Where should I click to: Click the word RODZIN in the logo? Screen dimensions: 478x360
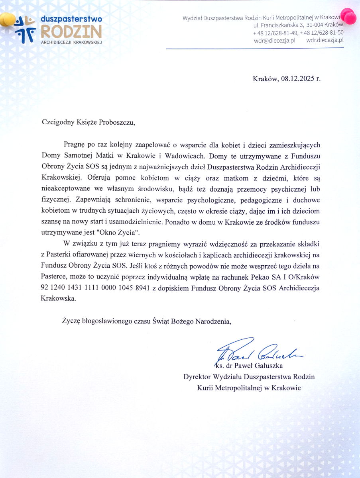click(71, 31)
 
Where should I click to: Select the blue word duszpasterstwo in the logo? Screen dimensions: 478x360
click(71, 20)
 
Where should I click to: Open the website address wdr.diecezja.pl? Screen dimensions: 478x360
click(325, 40)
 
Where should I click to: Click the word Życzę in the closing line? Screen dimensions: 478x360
click(71, 321)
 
